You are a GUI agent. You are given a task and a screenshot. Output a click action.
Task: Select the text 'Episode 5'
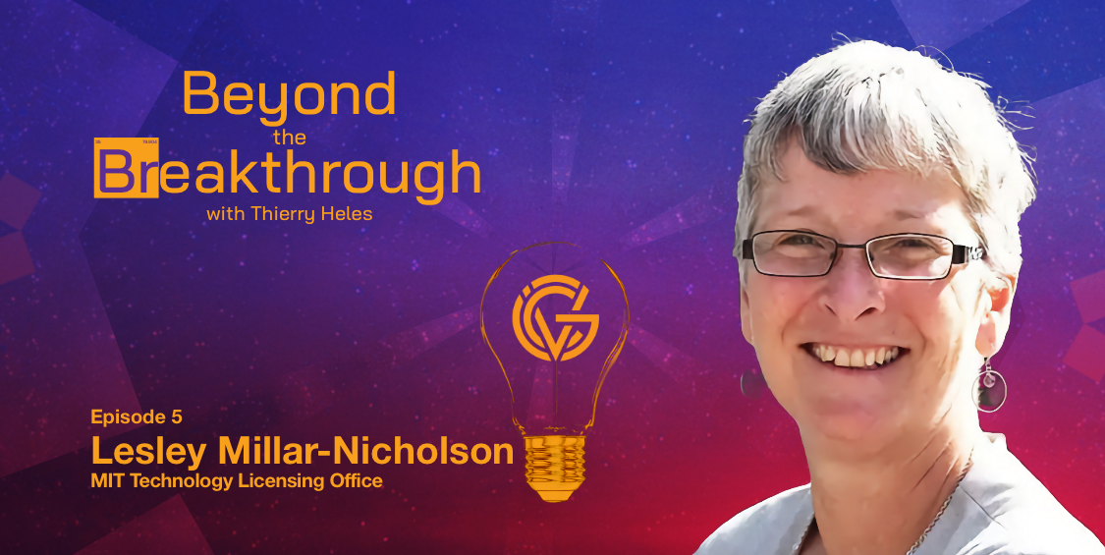136,417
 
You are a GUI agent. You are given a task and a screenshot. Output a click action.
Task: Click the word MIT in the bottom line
107,481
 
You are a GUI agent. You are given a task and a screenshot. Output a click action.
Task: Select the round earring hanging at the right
989,389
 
